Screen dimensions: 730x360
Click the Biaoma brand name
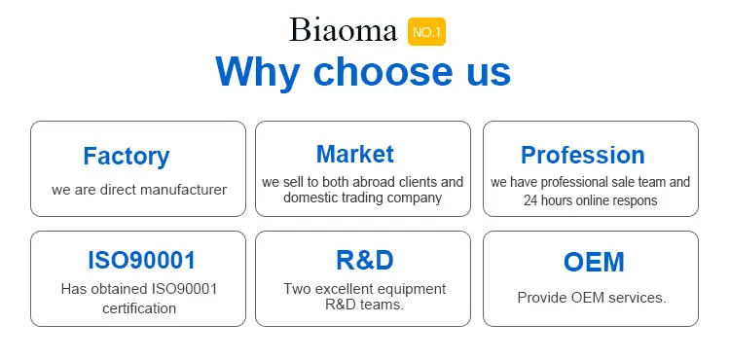point(344,31)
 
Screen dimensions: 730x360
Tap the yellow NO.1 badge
point(426,32)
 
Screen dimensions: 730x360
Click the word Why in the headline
point(258,71)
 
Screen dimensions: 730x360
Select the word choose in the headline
point(383,71)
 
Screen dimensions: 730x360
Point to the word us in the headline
point(489,74)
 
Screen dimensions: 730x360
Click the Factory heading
point(127,156)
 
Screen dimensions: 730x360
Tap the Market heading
point(354,154)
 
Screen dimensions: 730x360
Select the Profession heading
point(582,155)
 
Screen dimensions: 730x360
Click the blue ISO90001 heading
point(141,260)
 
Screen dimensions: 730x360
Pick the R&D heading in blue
point(365,260)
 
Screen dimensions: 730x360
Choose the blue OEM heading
point(594,262)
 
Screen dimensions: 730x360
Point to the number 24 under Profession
point(529,200)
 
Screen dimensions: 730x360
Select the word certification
point(139,308)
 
